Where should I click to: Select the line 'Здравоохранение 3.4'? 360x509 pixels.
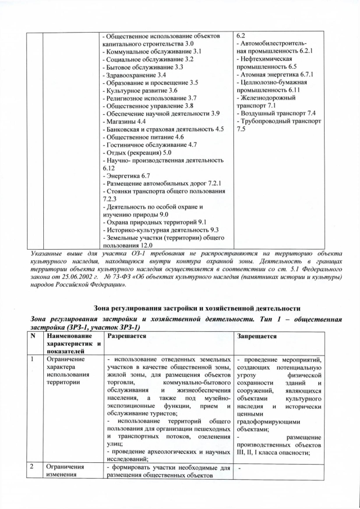coord(135,75)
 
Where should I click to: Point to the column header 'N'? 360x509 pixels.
coord(33,335)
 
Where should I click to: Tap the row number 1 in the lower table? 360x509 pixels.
coord(33,358)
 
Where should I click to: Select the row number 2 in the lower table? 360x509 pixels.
coord(33,466)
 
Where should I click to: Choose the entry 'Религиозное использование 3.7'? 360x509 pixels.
coord(149,98)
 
